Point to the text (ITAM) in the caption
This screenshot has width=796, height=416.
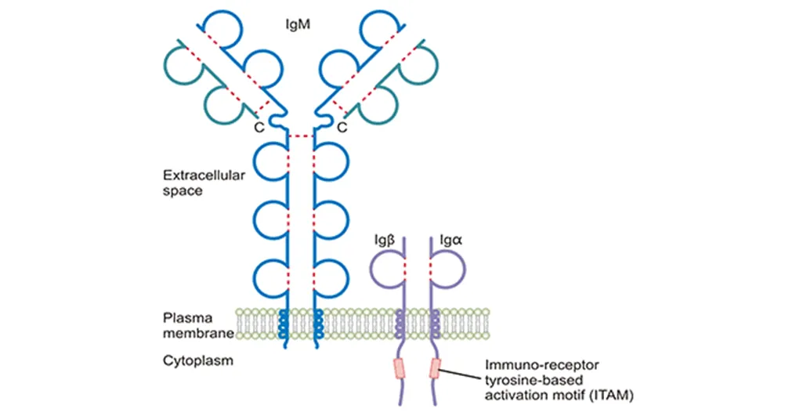(x=609, y=393)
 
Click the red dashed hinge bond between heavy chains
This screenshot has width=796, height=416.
(x=300, y=136)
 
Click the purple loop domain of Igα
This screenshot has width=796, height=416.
(x=450, y=269)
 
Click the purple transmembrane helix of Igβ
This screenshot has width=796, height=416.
(x=401, y=322)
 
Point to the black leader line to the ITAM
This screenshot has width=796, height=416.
(x=462, y=373)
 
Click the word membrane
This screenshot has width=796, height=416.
(x=199, y=334)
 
